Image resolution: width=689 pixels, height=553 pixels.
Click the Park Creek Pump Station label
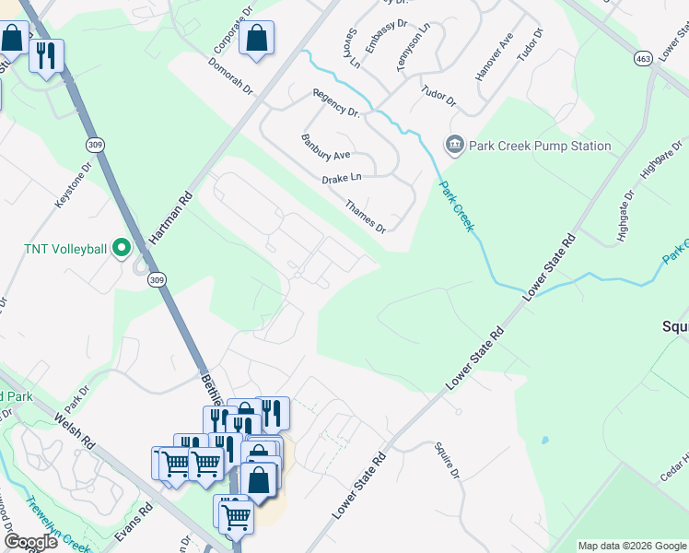540,146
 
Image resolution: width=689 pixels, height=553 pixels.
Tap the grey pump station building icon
454,145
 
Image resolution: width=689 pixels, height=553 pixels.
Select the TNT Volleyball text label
64,249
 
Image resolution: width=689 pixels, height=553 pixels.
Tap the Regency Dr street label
336,102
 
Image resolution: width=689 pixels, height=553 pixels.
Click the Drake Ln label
342,177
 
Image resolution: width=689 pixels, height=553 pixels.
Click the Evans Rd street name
134,522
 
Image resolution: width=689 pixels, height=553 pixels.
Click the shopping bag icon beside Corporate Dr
256,39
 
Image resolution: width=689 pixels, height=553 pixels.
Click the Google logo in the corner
30,542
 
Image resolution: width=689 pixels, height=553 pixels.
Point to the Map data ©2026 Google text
631,546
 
